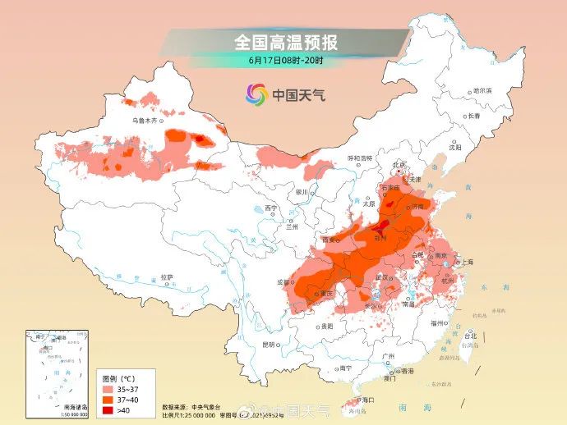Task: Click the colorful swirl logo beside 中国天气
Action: [x=256, y=95]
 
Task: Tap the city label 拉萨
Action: [x=167, y=276]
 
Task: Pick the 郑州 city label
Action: [x=380, y=236]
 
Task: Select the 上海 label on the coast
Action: [x=468, y=262]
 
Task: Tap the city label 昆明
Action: [x=269, y=345]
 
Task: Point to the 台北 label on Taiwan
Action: [x=471, y=336]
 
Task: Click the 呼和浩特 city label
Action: [x=360, y=158]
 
